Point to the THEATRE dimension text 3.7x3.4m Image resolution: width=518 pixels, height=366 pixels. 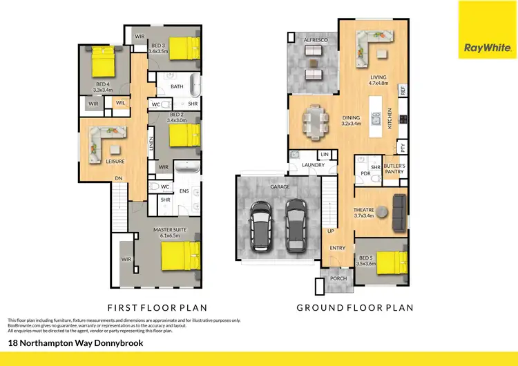coord(363,215)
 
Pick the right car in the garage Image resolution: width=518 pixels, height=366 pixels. coord(296,224)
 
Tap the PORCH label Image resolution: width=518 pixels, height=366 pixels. coord(338,279)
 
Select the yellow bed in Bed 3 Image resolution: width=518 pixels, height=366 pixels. coord(184,48)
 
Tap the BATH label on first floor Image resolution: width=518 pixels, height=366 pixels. coord(177,87)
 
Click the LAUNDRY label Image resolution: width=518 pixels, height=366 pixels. coord(313,165)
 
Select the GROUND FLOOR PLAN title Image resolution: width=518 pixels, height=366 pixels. coord(354,307)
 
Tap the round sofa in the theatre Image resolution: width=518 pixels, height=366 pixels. coord(399,211)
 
